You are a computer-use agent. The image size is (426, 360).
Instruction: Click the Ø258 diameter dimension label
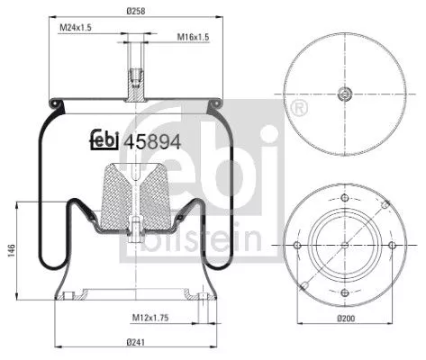tap(138, 11)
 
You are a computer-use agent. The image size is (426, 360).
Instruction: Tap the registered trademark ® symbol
tap(297, 108)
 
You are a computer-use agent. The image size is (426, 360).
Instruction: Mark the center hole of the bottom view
tap(346, 246)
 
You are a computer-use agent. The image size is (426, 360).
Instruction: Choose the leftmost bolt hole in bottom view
tap(298, 246)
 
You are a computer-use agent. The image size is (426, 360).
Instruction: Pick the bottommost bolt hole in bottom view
tap(346, 293)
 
